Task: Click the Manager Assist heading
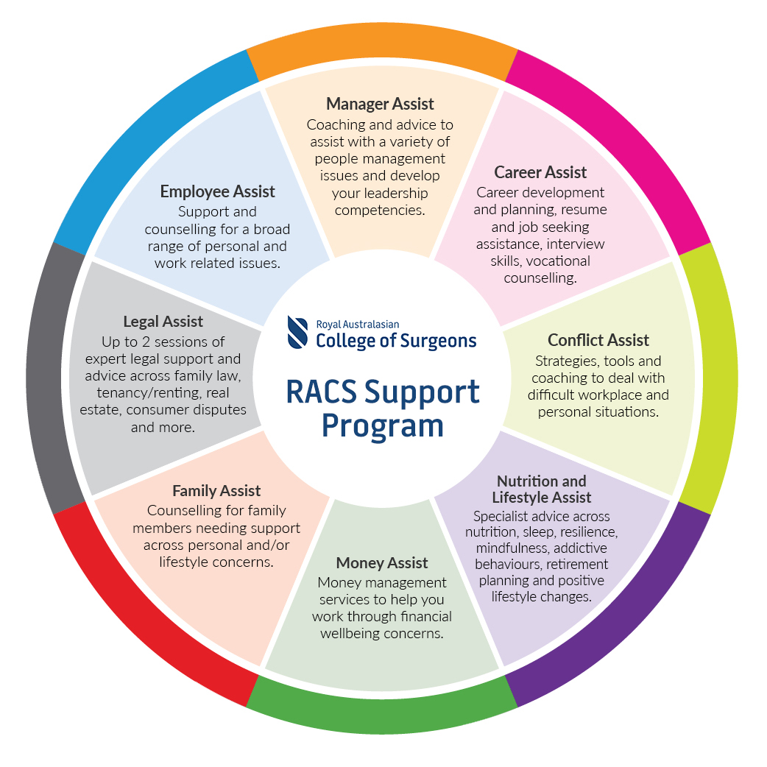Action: point(380,104)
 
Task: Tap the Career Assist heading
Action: point(540,172)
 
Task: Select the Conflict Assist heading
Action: point(598,340)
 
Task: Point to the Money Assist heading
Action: point(381,563)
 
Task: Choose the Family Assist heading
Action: point(216,490)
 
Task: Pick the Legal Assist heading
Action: point(163,322)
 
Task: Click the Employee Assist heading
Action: point(217,191)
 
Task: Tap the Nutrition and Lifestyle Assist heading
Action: point(541,489)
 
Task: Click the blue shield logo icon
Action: point(299,332)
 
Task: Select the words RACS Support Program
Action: point(383,409)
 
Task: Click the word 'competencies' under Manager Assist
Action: point(379,210)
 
